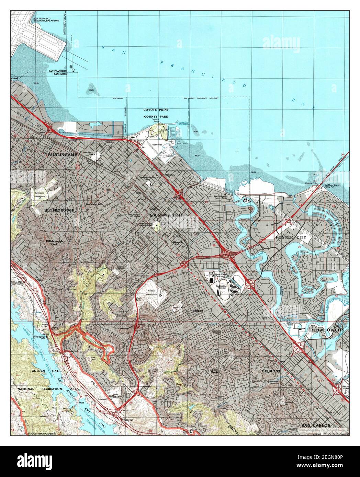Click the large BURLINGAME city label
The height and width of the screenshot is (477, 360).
(x=63, y=155)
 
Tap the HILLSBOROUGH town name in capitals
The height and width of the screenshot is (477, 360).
(x=59, y=210)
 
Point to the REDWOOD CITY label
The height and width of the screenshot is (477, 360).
(x=327, y=330)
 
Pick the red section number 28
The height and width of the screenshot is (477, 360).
(x=214, y=245)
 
